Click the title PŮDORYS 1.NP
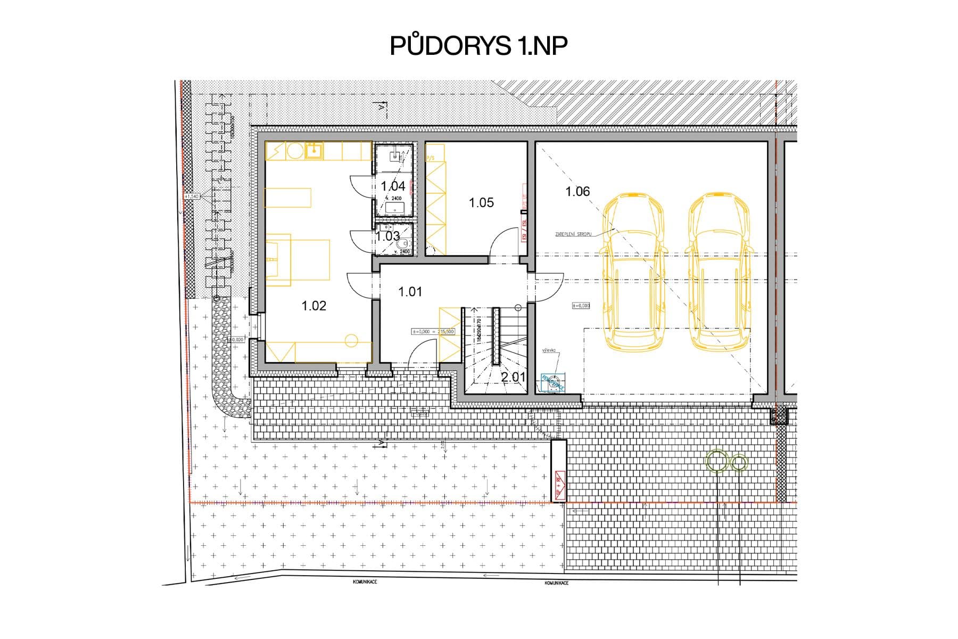click(478, 47)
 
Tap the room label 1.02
click(313, 306)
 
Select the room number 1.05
click(481, 202)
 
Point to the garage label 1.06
click(577, 191)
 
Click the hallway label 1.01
click(410, 292)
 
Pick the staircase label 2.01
click(513, 377)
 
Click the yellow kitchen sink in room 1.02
click(313, 151)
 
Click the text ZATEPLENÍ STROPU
click(573, 234)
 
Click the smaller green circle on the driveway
click(739, 463)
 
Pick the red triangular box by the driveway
click(559, 485)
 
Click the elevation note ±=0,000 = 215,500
click(433, 331)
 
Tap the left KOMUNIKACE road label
click(365, 582)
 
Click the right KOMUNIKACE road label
click(556, 583)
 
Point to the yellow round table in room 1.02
click(351, 340)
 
